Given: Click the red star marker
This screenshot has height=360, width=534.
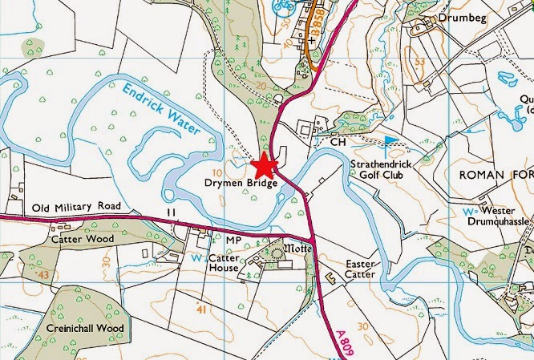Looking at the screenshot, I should click(265, 167).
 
